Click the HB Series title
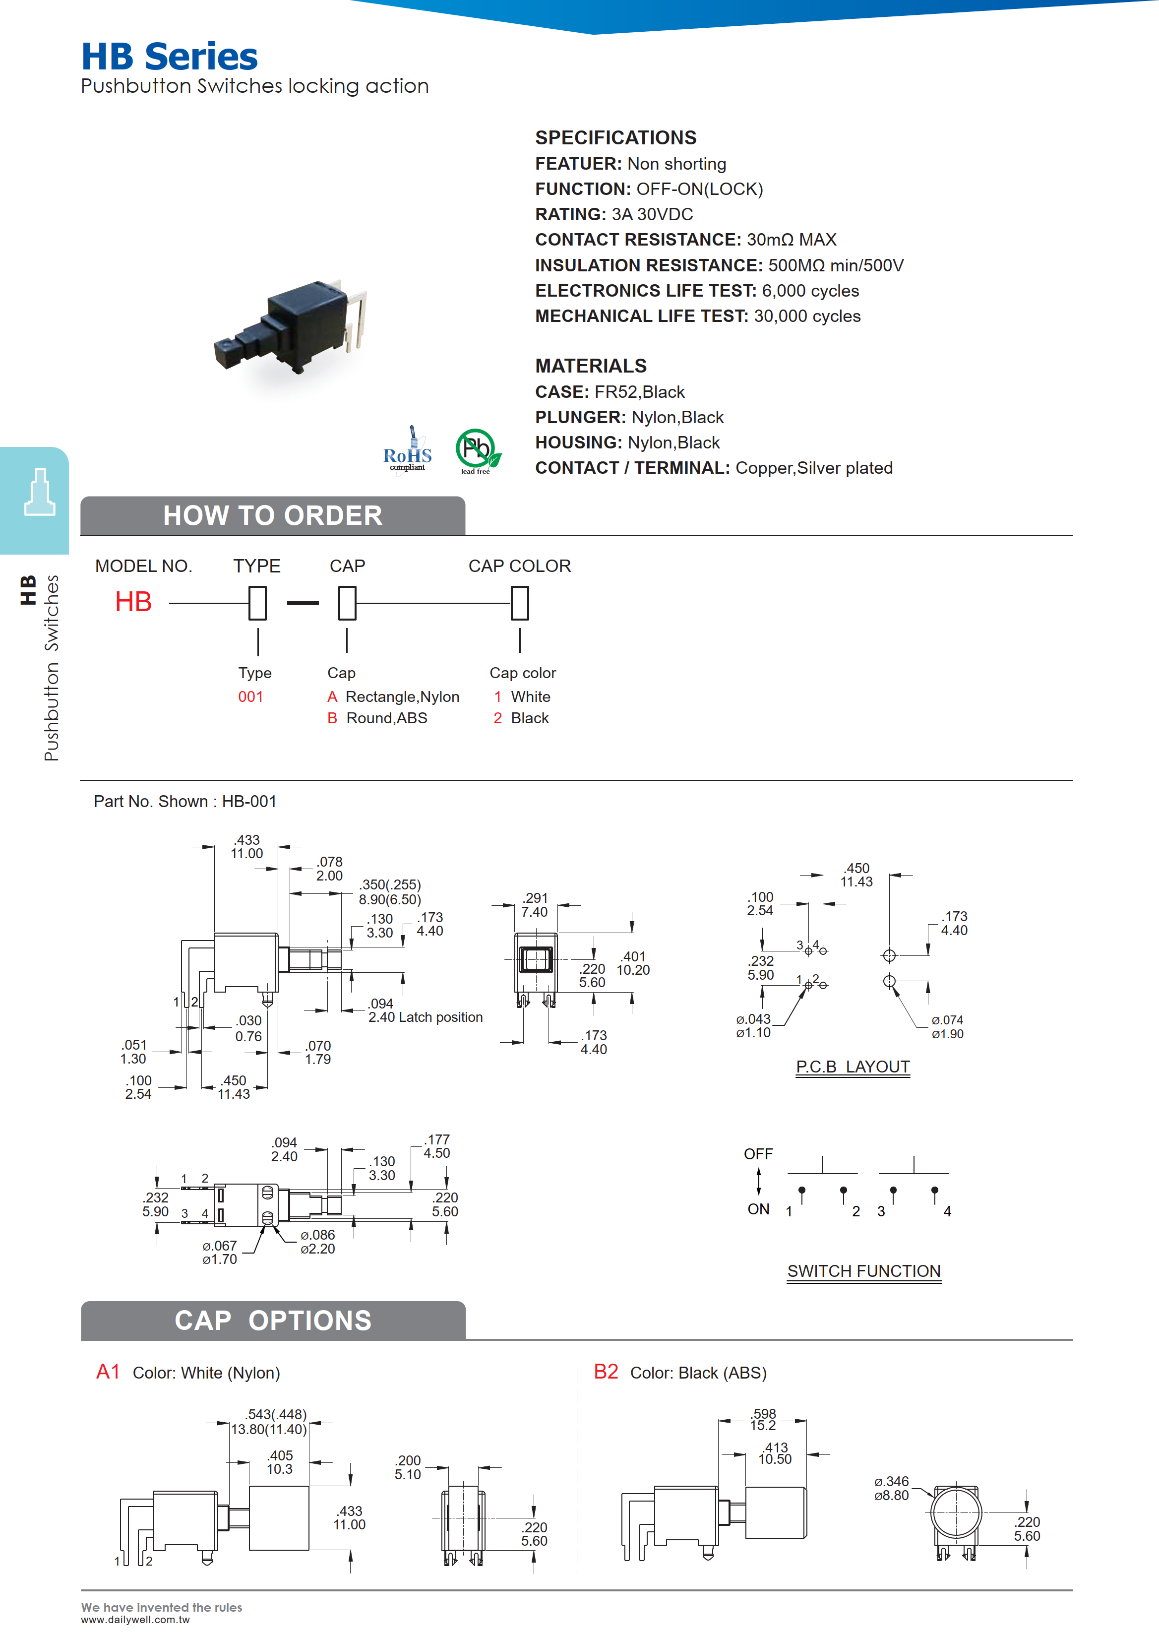(169, 57)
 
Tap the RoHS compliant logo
(408, 452)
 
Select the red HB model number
(133, 602)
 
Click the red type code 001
(250, 697)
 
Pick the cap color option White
(530, 697)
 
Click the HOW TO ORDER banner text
(273, 515)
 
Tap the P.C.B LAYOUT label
(853, 1067)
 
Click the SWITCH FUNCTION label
(863, 1271)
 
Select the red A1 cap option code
(108, 1372)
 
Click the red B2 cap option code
(606, 1372)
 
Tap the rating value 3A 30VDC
(652, 214)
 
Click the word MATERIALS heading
(591, 366)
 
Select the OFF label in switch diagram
(758, 1154)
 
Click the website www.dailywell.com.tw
(135, 1620)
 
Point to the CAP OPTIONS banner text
(273, 1321)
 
